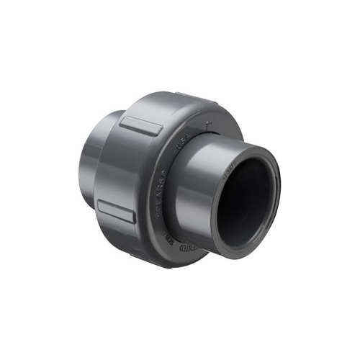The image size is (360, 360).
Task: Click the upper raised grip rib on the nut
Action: coord(140,126)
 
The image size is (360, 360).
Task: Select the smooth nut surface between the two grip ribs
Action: coord(126,169)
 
